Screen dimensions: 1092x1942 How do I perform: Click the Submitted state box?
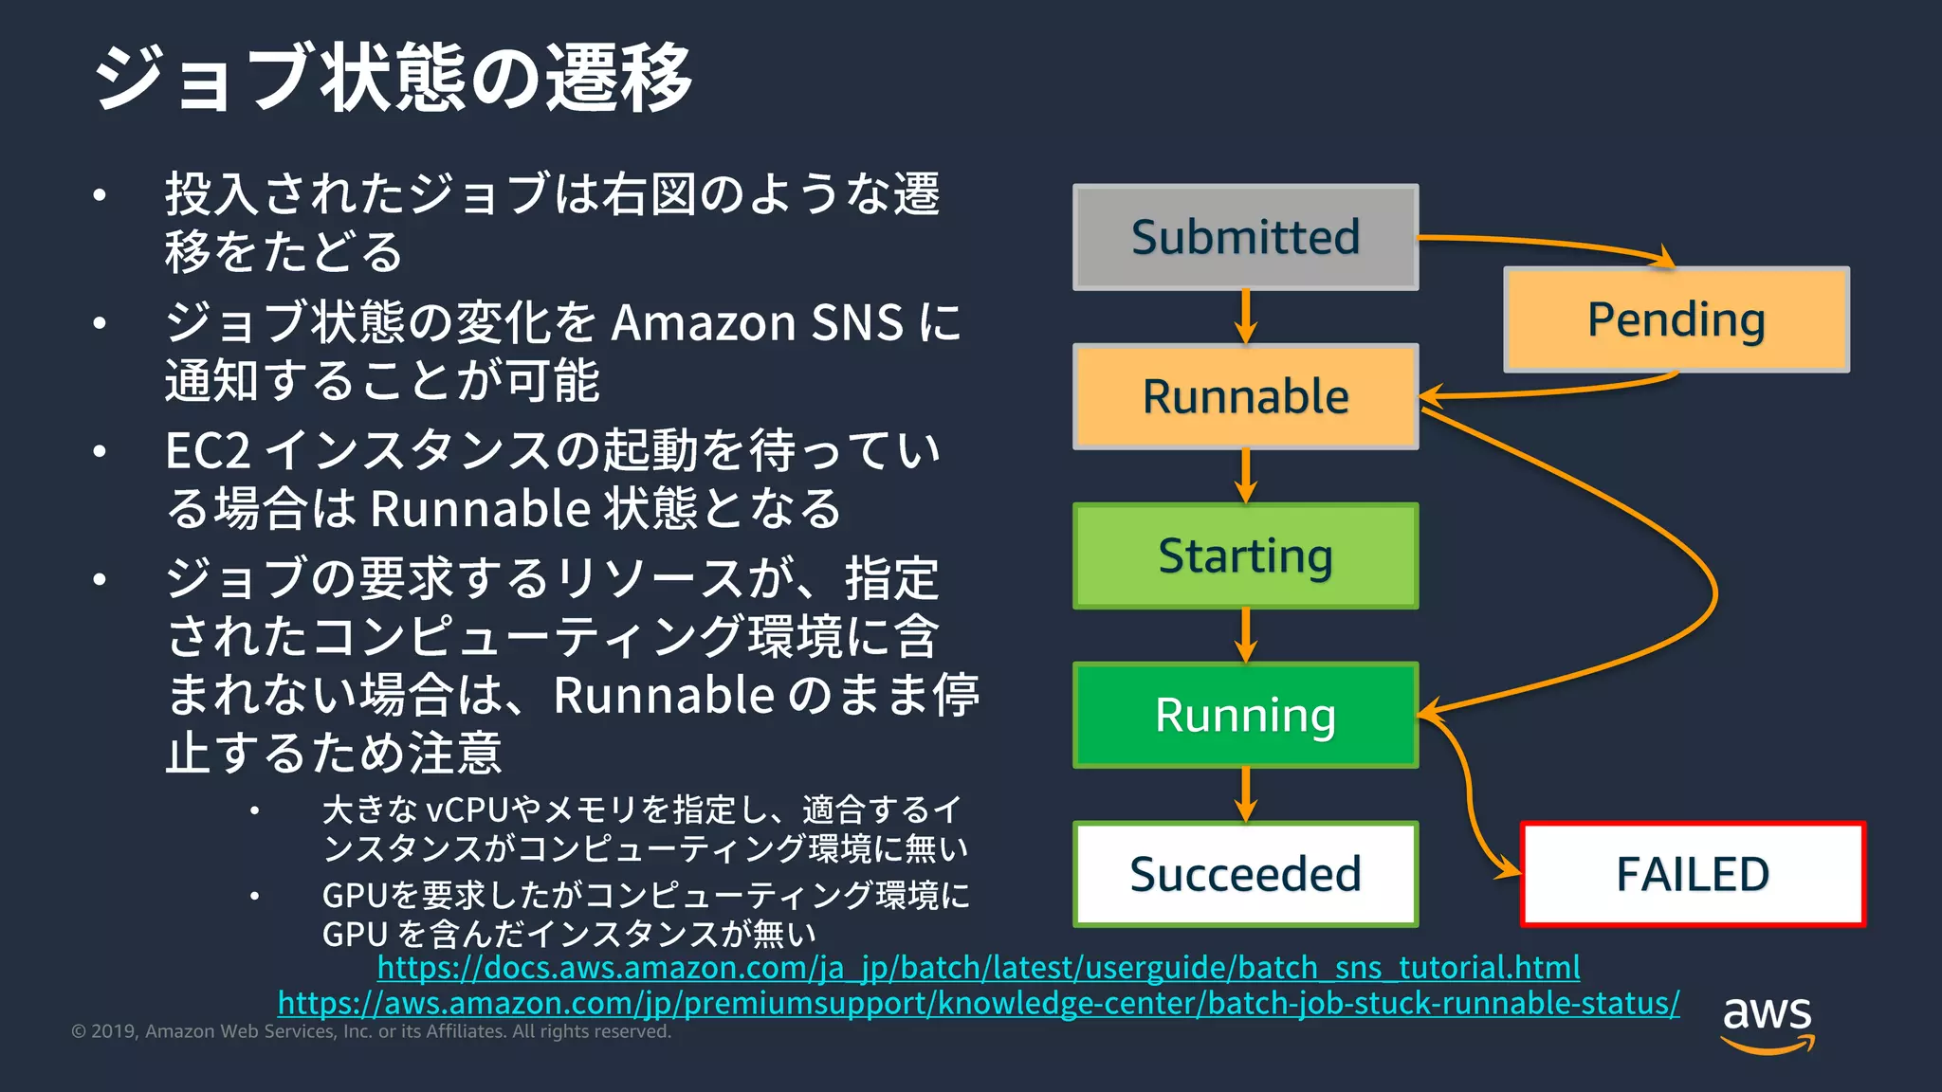tap(1245, 237)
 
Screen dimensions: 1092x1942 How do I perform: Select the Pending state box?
tap(1676, 319)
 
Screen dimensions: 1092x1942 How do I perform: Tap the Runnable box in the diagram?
tap(1245, 396)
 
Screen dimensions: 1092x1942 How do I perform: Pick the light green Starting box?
tap(1245, 555)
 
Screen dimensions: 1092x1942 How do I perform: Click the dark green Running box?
tap(1245, 715)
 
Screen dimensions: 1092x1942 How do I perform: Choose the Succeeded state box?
tap(1245, 874)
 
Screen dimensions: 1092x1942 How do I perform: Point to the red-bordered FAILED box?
tap(1692, 874)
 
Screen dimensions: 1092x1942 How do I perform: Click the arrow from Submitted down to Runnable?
tap(1246, 317)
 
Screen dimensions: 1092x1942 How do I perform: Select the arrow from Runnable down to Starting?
tap(1246, 476)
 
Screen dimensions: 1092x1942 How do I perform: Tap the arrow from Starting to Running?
tap(1246, 635)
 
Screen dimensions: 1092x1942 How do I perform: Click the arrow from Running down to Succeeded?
tap(1246, 794)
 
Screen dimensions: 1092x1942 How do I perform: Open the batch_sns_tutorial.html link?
tap(978, 968)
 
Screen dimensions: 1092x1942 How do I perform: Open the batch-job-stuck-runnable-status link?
tap(978, 1003)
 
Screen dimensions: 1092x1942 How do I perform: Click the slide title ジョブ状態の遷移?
tap(394, 78)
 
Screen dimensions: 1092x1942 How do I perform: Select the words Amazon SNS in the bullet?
tap(757, 323)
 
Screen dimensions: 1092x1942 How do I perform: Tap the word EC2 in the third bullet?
tap(208, 451)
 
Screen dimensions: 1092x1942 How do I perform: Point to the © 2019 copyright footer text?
tap(371, 1031)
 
